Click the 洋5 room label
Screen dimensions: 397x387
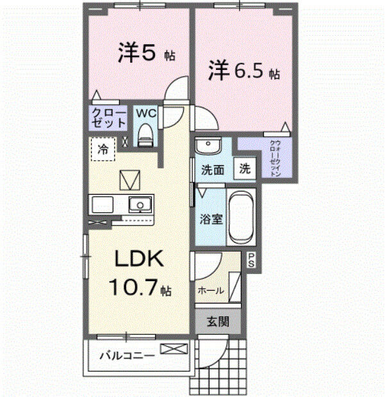pyautogui.click(x=138, y=54)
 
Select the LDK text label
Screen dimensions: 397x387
pyautogui.click(x=140, y=260)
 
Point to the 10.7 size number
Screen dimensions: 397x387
pyautogui.click(x=133, y=288)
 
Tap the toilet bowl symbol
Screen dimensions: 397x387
pyautogui.click(x=145, y=135)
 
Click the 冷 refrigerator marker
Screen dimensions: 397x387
pyautogui.click(x=103, y=150)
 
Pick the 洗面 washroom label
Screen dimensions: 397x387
pyautogui.click(x=212, y=171)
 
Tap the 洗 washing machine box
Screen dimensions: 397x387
pyautogui.click(x=245, y=170)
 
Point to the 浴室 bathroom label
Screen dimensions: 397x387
pyautogui.click(x=212, y=219)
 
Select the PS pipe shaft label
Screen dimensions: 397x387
pyautogui.click(x=252, y=261)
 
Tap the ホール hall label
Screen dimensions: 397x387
pyautogui.click(x=211, y=291)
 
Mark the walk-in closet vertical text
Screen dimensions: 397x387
pyautogui.click(x=274, y=158)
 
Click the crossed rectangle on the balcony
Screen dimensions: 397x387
pyautogui.click(x=174, y=349)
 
